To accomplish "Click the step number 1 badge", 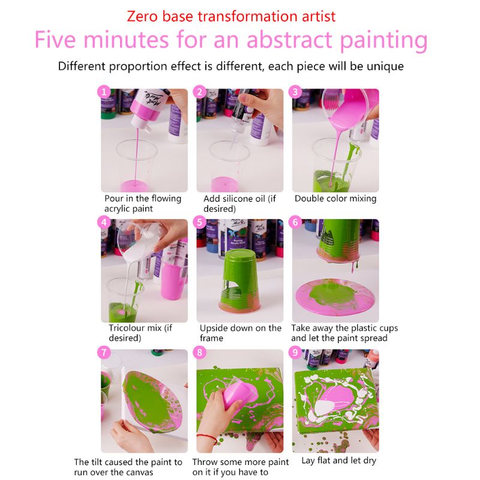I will click(x=104, y=92).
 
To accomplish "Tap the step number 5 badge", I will click(x=200, y=222).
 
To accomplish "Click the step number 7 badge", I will click(x=104, y=353).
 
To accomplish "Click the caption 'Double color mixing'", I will click(x=335, y=199).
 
